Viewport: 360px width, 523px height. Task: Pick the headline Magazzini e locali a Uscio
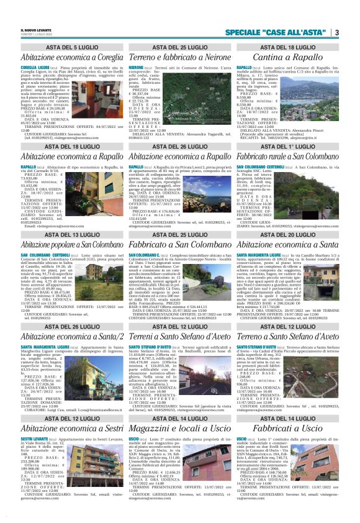point(179,430)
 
